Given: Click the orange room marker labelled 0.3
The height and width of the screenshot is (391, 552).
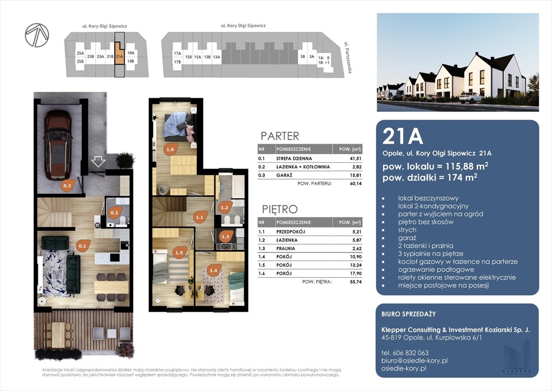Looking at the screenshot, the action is coord(67,185).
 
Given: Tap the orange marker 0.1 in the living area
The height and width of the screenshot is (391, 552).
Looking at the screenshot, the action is coord(83,246).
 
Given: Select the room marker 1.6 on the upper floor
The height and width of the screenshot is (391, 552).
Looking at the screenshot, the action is coord(170,150).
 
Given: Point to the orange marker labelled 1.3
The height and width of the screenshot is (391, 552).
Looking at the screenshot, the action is coord(225,237).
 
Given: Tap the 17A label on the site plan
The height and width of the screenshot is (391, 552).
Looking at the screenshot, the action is coord(177,53).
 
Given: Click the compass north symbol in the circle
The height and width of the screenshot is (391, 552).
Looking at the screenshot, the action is coord(37,35).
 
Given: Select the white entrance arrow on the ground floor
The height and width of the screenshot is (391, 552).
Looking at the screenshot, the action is coord(98,162).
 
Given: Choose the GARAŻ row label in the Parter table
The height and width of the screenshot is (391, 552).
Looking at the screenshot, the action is coord(284,175).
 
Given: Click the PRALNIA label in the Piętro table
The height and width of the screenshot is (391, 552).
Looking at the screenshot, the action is coord(286,248).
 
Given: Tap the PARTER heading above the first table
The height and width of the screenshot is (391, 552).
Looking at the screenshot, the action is coord(280,136).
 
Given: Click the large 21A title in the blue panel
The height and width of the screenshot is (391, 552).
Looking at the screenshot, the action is coord(403,136).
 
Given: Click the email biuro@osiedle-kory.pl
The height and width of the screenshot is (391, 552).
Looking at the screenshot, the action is coord(414,360).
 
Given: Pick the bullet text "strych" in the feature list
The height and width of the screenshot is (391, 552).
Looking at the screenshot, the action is coord(407,230).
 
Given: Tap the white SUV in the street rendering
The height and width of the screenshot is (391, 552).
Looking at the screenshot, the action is coord(471,98).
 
